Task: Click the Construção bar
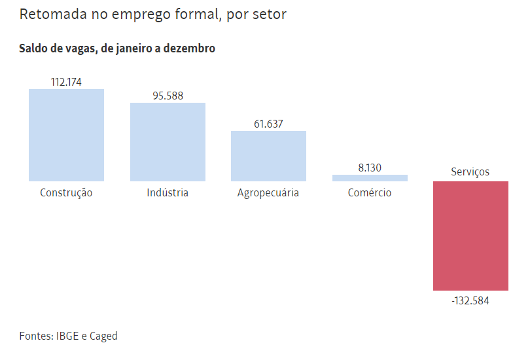coord(66,135)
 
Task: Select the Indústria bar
coord(168,141)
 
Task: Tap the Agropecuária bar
coord(268,156)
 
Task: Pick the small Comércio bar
coord(370,177)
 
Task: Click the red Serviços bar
coord(470,236)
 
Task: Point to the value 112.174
coord(66,82)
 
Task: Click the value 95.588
coord(168,96)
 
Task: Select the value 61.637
coord(268,124)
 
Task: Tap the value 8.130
coord(370,168)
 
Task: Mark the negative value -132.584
coord(470,301)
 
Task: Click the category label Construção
coord(66,193)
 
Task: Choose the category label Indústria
coord(168,192)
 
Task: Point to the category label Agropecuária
coord(268,193)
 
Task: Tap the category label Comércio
coord(370,192)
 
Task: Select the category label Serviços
coord(470,172)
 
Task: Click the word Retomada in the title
coord(48,14)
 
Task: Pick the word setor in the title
coord(270,14)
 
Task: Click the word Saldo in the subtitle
coord(34,48)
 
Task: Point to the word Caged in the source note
coord(103,336)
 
